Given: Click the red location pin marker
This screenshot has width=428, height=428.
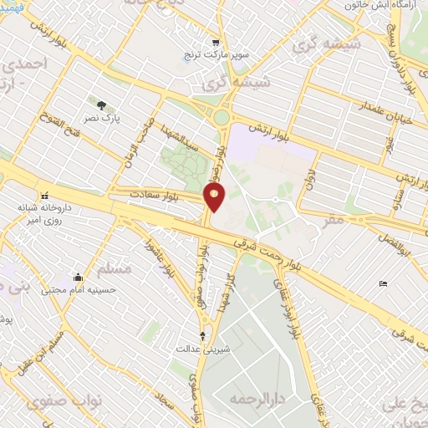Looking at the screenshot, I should [x=214, y=197].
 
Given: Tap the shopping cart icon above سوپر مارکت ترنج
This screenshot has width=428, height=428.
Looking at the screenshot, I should [x=216, y=43].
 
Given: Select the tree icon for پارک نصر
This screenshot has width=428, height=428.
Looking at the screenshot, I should [x=101, y=105].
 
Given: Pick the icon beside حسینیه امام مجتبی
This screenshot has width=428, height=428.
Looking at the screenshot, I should [x=78, y=278].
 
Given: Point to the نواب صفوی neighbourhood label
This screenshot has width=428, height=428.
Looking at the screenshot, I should [x=58, y=402].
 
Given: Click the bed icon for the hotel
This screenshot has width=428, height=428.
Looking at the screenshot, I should [x=383, y=284].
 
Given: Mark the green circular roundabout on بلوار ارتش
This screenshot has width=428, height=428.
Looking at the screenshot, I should [x=222, y=119].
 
